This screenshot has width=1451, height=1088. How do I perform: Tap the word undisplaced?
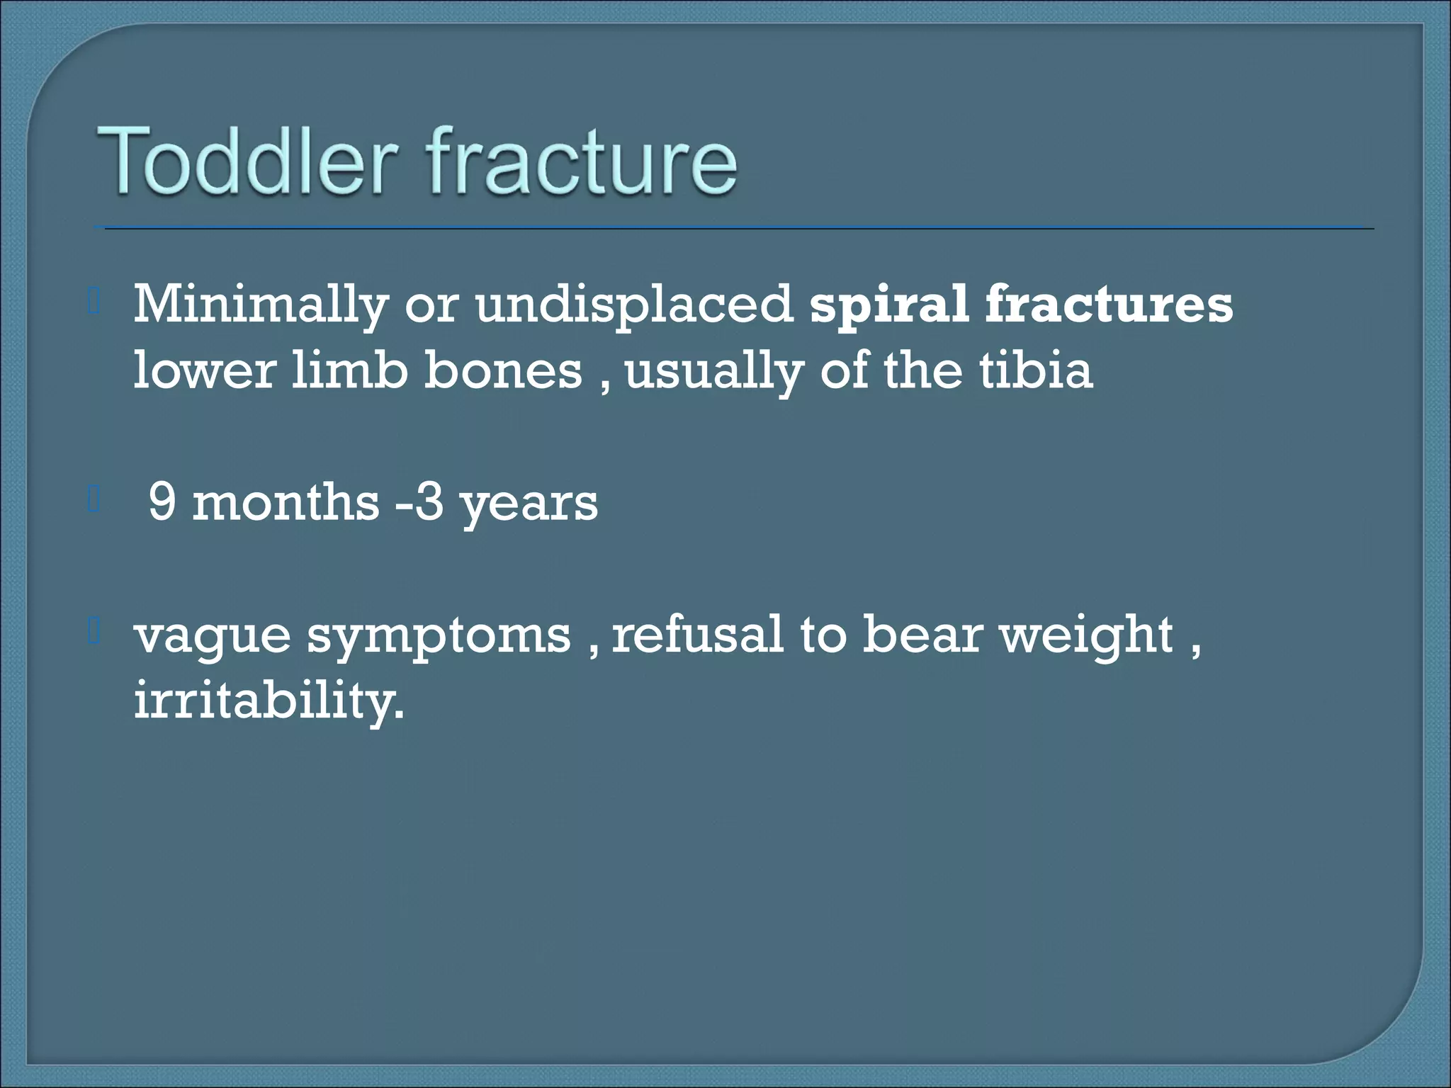coord(634,305)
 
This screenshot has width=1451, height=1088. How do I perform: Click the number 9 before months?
coord(162,503)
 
